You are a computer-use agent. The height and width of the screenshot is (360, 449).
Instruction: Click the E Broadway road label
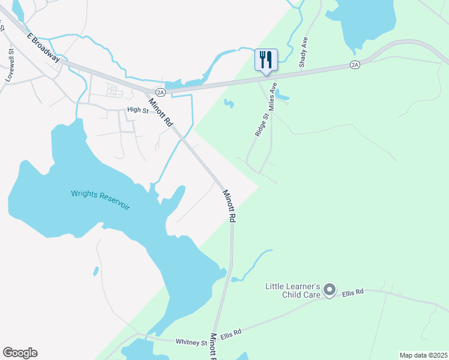[44, 47]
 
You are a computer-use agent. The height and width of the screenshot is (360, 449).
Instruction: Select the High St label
[137, 110]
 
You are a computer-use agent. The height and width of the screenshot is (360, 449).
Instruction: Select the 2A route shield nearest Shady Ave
[355, 64]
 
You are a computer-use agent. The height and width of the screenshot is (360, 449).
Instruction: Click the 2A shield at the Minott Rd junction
[160, 92]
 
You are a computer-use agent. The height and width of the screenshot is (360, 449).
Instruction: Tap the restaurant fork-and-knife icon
[266, 60]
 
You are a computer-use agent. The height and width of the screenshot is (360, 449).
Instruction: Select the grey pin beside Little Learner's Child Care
[329, 290]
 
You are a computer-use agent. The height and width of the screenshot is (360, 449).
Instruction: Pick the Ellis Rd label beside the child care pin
[354, 292]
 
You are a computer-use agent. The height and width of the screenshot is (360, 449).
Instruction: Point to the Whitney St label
[191, 342]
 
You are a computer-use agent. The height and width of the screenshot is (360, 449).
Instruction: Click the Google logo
[20, 353]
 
